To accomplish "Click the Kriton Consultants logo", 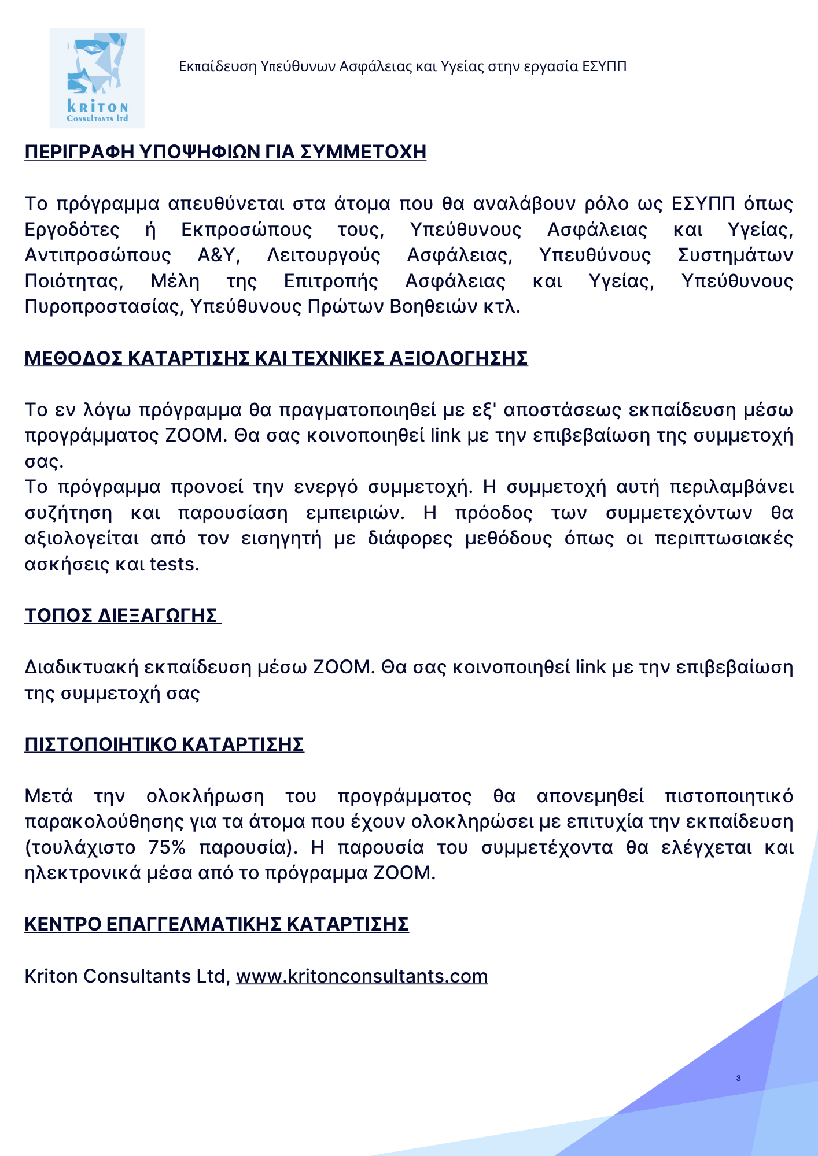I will click(x=97, y=78).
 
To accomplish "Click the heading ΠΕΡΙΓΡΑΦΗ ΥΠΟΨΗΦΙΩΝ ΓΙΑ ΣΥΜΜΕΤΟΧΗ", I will click(x=225, y=152).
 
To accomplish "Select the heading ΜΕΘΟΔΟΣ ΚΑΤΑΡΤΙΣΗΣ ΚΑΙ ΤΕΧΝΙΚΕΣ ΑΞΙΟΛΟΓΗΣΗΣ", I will click(x=276, y=358).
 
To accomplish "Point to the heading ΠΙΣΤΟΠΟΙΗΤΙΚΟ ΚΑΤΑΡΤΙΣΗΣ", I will click(x=164, y=744).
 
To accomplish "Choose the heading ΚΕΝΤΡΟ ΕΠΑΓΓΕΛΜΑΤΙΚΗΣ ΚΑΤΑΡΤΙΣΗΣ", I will click(x=216, y=924).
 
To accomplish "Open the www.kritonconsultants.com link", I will click(x=362, y=976).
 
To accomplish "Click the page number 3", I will click(x=738, y=1078).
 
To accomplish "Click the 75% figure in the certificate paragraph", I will click(x=167, y=847).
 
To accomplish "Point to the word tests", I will click(x=174, y=564).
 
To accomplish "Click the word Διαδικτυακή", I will click(x=81, y=667).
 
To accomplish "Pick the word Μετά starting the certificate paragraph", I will click(x=49, y=796).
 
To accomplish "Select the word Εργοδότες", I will click(x=72, y=229).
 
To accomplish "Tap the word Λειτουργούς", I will click(x=323, y=255).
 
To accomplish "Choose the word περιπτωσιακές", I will click(x=724, y=538).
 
